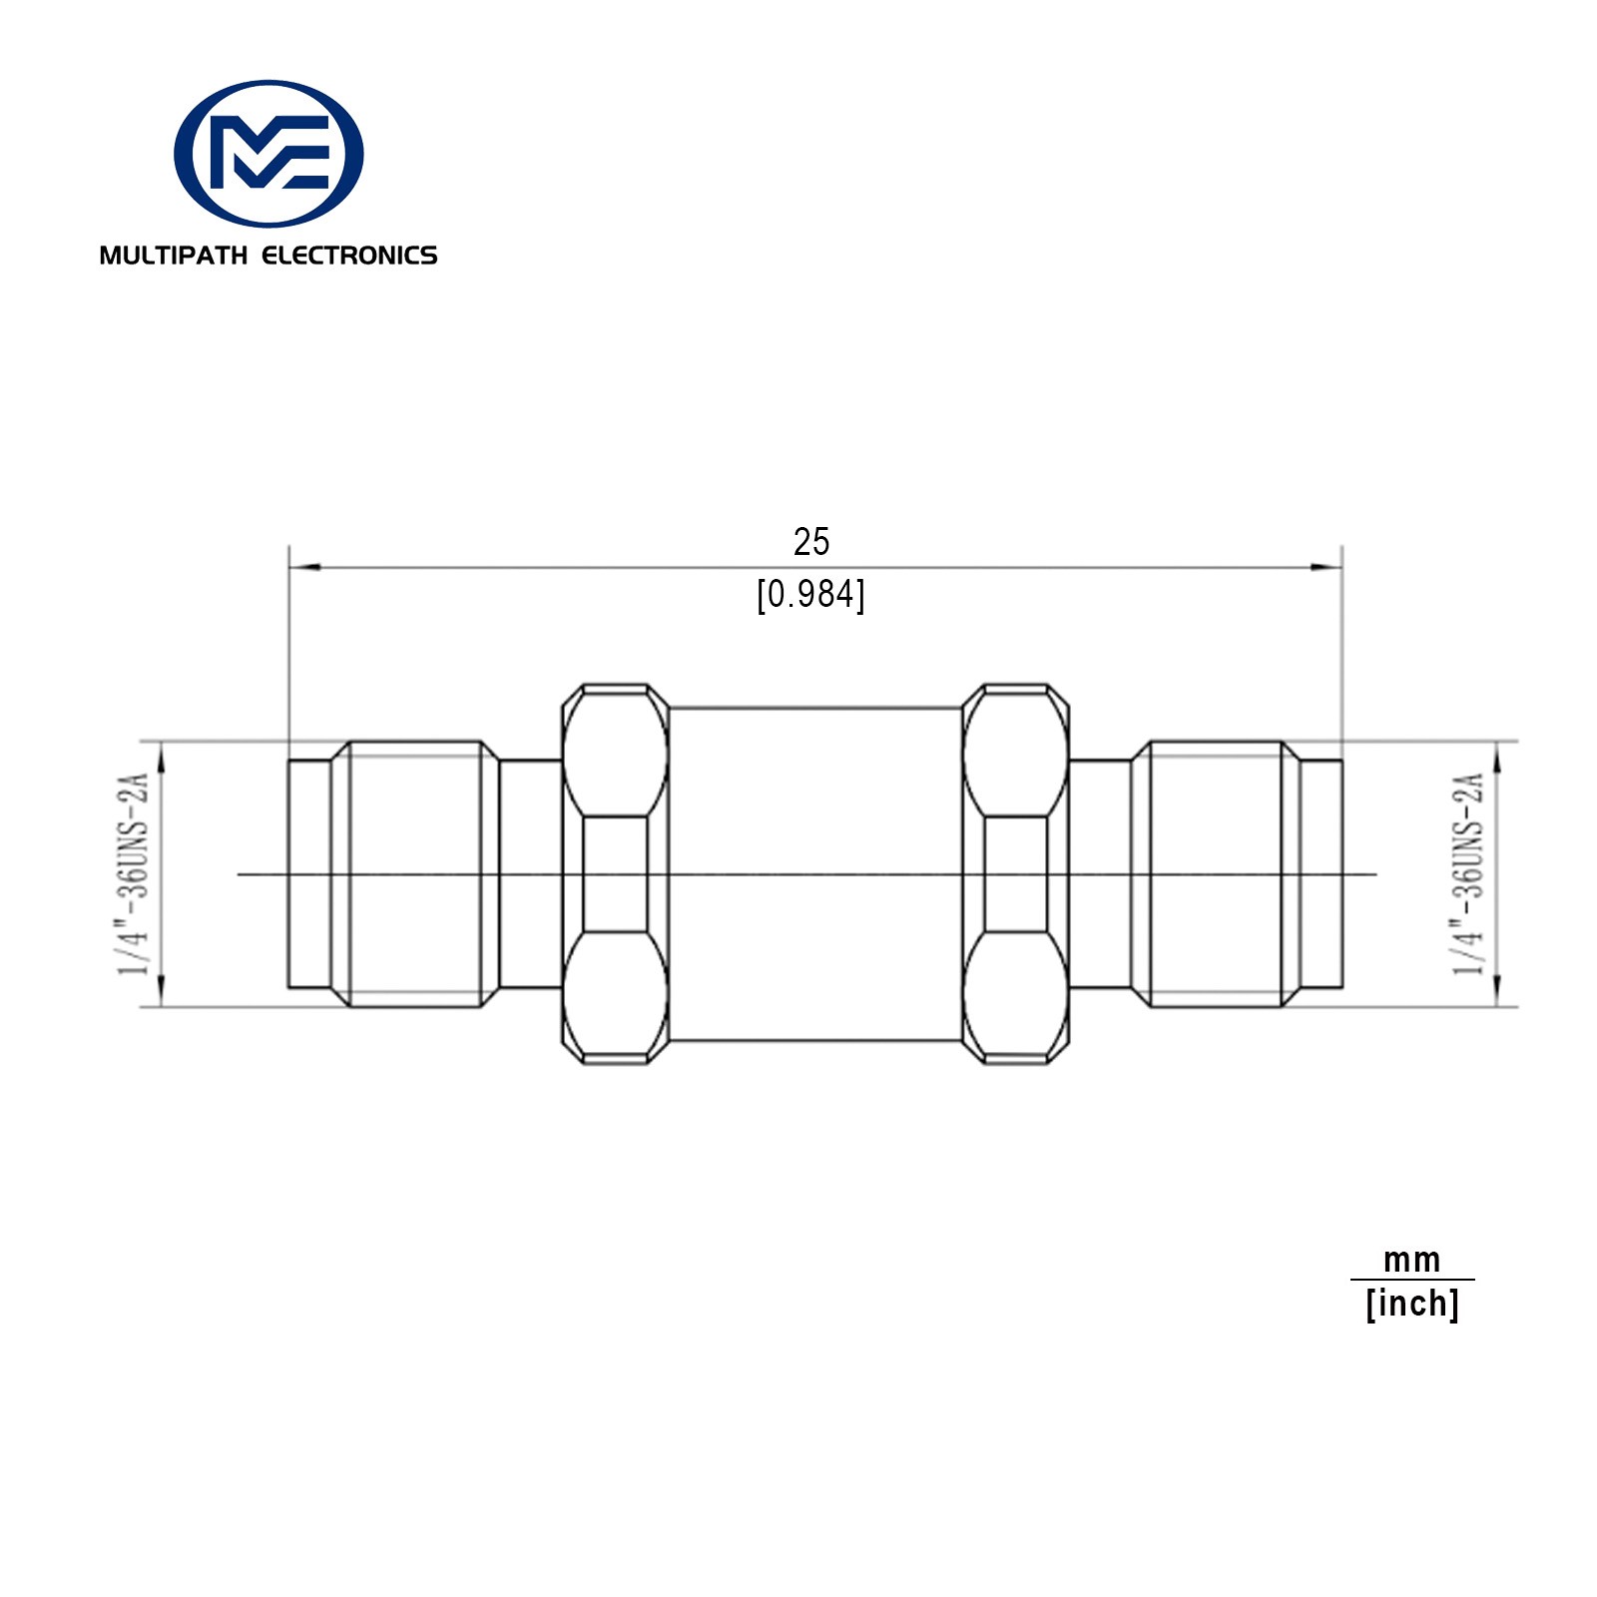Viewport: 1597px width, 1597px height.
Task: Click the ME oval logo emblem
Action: tap(268, 154)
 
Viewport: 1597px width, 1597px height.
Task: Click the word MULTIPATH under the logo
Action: tap(173, 256)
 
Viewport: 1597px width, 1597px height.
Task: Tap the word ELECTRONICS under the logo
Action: tap(349, 256)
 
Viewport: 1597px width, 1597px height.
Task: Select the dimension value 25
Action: tap(811, 542)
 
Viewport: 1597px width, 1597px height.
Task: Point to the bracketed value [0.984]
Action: tap(810, 595)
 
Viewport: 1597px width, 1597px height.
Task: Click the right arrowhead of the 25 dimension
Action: tap(1326, 568)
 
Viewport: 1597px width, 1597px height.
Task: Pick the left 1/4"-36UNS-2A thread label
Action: tap(135, 873)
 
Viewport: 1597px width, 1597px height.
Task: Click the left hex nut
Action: tap(615, 874)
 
